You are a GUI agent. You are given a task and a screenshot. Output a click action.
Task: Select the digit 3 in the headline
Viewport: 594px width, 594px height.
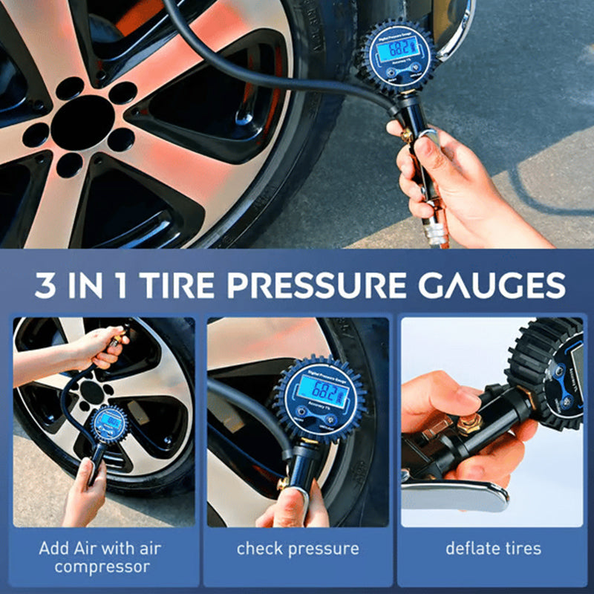(45, 286)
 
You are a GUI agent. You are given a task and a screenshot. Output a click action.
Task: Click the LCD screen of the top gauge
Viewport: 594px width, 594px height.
(394, 50)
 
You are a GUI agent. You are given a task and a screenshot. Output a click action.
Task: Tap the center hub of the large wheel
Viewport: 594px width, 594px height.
(82, 123)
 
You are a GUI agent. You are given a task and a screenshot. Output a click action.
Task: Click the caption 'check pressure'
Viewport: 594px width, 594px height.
(298, 549)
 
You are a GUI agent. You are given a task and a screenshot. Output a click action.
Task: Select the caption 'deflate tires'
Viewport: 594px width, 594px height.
(493, 549)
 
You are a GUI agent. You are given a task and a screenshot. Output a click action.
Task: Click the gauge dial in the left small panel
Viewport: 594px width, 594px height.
(109, 425)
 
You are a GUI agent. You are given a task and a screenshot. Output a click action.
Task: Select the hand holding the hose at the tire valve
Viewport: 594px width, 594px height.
(100, 345)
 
